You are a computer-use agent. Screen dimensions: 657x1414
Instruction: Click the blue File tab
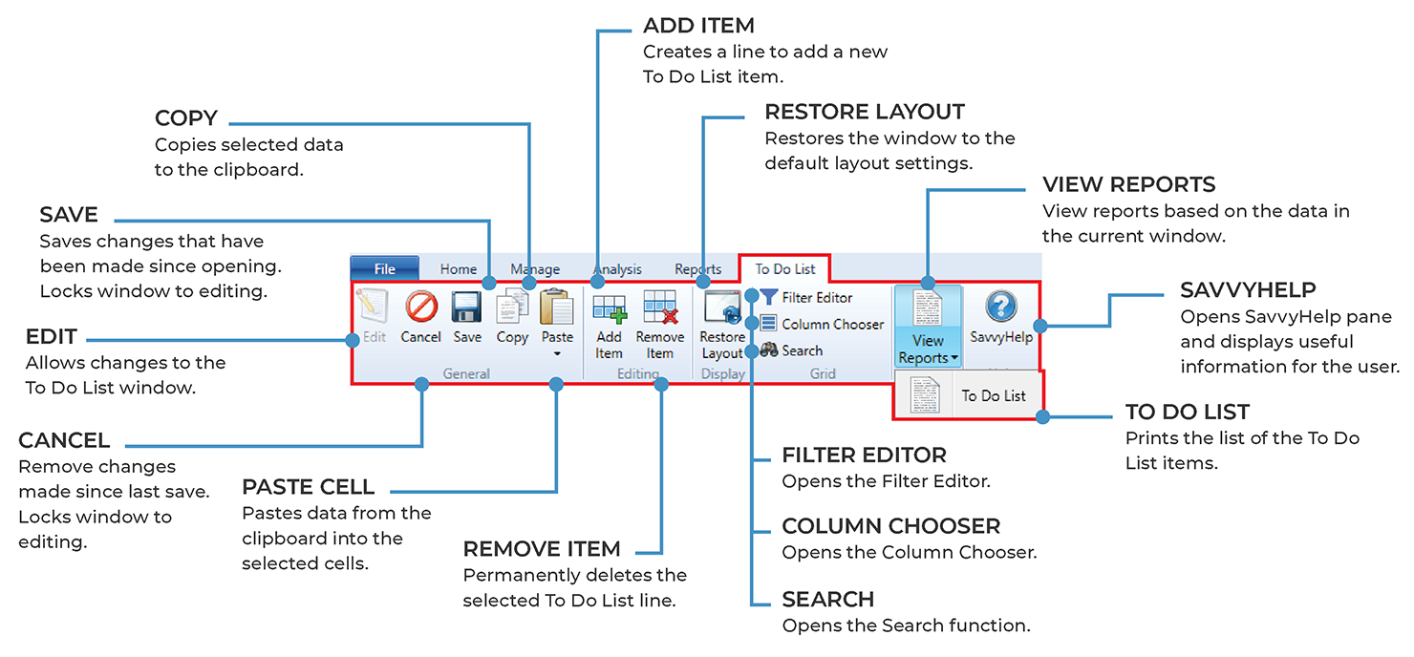384,269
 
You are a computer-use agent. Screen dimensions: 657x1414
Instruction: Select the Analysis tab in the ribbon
617,269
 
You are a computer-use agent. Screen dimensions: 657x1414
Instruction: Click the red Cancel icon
420,307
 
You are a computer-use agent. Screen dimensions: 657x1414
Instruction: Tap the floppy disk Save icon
466,307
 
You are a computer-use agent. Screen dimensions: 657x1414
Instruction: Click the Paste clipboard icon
557,307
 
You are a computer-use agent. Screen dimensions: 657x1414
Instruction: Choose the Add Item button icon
610,308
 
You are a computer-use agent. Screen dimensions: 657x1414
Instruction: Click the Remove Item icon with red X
660,308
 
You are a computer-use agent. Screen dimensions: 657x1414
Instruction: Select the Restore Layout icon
722,308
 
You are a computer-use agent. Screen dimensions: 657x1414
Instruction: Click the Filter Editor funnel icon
769,298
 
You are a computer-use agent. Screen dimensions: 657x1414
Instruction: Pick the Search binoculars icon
769,350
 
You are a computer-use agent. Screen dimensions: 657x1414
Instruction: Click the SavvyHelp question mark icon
1000,307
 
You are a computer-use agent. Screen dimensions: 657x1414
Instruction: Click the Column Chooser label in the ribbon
832,325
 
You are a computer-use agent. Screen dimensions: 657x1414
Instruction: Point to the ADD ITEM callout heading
698,26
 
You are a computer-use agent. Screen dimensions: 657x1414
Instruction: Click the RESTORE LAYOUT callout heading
865,112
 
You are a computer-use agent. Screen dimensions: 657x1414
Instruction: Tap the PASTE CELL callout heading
308,487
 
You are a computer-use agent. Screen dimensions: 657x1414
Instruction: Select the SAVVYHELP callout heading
1248,289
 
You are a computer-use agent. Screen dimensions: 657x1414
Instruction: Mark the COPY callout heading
186,119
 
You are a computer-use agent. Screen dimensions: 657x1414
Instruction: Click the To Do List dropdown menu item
993,395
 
